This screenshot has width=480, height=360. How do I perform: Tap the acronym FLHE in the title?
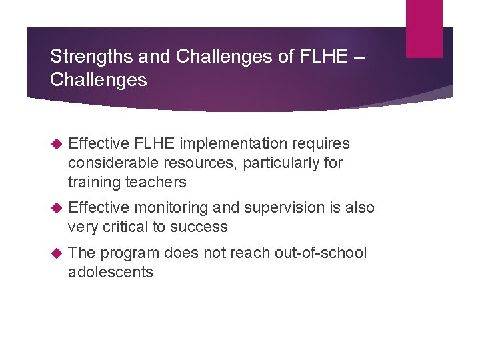tap(323, 57)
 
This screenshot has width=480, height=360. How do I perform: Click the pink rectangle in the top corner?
tap(424, 28)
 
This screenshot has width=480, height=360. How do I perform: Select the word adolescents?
tap(110, 272)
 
